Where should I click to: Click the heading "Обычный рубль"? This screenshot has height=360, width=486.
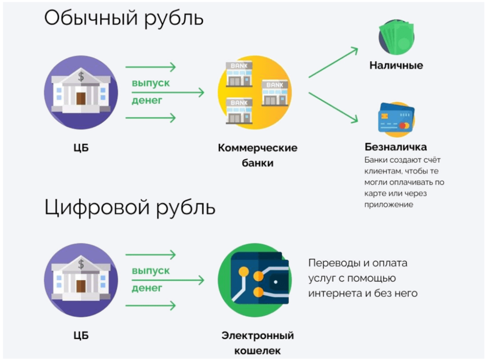(123, 18)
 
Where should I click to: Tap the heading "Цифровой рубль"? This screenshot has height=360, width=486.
(130, 207)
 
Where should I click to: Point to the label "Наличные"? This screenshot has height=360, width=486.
(396, 66)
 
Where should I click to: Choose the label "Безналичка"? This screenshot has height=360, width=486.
(396, 147)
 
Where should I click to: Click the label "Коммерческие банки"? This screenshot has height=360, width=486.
(258, 155)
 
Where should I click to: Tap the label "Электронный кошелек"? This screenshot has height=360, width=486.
(258, 343)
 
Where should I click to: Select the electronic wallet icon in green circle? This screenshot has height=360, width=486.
(255, 280)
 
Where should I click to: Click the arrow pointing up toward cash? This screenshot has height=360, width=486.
(333, 62)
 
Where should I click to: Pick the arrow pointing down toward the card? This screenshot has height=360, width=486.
(333, 108)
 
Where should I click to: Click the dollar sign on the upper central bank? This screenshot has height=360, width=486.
(81, 76)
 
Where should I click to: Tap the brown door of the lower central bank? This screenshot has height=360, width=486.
(81, 286)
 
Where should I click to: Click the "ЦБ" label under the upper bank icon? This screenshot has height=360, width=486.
(81, 148)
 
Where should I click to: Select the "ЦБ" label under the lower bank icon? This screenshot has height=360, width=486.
(81, 336)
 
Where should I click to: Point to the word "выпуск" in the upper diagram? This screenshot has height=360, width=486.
(151, 83)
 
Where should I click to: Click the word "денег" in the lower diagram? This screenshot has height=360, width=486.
(147, 288)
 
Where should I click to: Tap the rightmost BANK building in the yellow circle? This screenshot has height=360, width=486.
(275, 93)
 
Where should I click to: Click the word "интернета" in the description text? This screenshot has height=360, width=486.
(338, 293)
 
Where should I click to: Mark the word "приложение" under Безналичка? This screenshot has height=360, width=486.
(389, 205)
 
